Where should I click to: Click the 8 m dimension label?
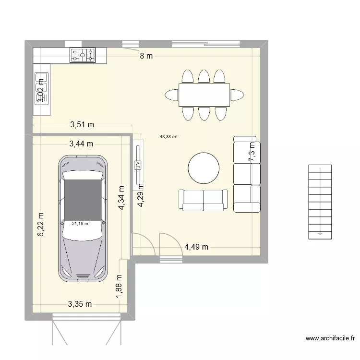coord(146,56)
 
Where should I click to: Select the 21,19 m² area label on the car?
coord(81,223)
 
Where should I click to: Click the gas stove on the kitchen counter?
coord(83,56)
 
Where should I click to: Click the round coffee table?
coord(204,168)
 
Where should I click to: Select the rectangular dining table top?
coord(204,95)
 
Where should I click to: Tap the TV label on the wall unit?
coord(138,165)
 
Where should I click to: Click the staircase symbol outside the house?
coord(320,202)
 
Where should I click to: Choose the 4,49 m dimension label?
coord(196,247)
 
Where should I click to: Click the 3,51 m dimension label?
coord(82,125)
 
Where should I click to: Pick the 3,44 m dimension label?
coord(81,143)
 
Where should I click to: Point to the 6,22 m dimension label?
coord(41,225)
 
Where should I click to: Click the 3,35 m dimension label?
coord(80,303)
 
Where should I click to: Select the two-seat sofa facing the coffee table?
coord(203,200)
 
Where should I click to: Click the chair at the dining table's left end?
coord(171,95)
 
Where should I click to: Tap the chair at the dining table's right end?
coord(237,95)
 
